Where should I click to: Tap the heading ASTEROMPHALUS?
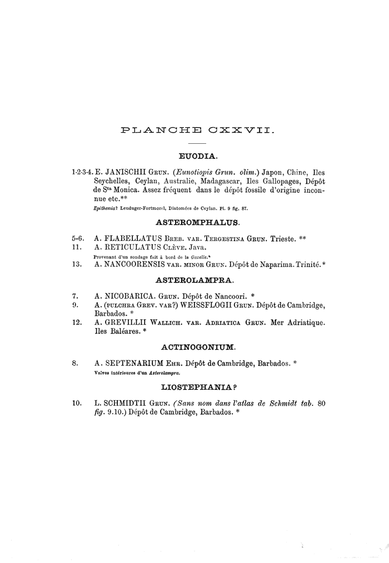pos(198,223)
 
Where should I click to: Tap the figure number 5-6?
pos(78,239)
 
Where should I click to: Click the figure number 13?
pos(77,265)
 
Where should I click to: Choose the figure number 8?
pos(74,363)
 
